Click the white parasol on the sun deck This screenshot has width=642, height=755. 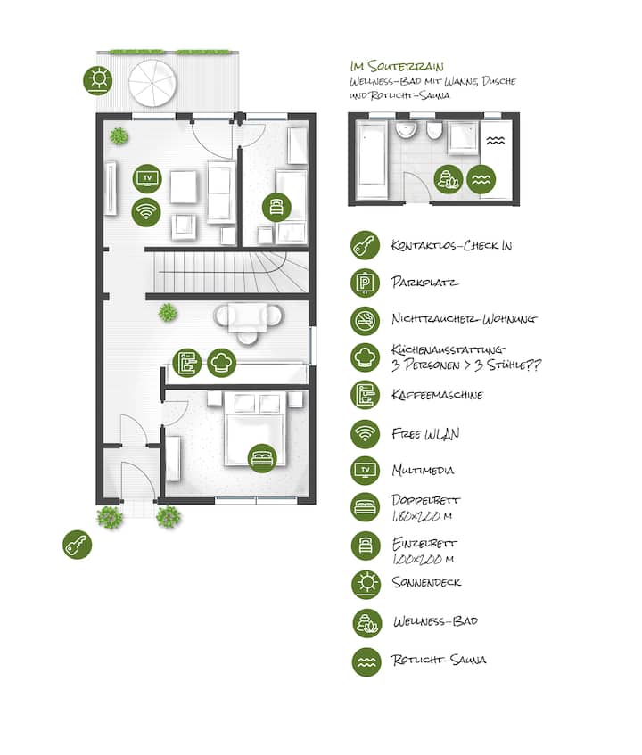[x=152, y=83]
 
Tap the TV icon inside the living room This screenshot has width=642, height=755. [x=147, y=178]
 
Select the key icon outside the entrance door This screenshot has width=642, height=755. [x=77, y=545]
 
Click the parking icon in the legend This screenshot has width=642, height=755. [x=365, y=283]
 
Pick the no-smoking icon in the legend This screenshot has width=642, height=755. [x=365, y=320]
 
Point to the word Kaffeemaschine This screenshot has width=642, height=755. [x=437, y=395]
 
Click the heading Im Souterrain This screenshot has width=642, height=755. [x=398, y=66]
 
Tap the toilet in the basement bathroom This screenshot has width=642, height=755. [x=434, y=130]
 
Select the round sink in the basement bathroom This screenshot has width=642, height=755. [x=407, y=129]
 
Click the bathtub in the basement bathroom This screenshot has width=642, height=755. [x=371, y=160]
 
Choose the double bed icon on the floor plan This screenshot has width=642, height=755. [x=262, y=458]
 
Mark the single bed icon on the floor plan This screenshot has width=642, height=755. [x=276, y=208]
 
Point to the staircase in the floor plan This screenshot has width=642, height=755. [x=230, y=273]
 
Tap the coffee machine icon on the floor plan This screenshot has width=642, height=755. [x=187, y=363]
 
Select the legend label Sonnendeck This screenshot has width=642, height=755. [x=427, y=583]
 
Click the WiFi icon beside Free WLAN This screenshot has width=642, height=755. [x=365, y=434]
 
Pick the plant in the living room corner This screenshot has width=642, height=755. [x=119, y=136]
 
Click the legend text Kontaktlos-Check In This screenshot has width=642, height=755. [x=451, y=245]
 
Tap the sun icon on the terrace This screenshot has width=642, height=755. [x=98, y=80]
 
